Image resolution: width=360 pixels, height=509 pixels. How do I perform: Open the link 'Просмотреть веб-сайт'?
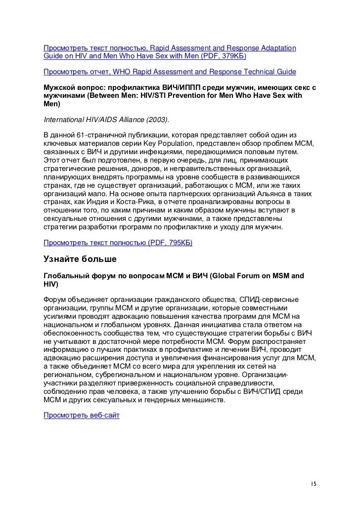[x=82, y=416]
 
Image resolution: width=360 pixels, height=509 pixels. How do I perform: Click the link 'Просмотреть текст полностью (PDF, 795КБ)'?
[x=118, y=244]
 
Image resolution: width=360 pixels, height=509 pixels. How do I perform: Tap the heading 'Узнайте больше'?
[x=80, y=259]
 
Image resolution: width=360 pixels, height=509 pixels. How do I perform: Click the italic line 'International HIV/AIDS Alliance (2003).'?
[x=106, y=120]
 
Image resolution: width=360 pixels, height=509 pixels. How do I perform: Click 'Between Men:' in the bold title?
[x=112, y=96]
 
